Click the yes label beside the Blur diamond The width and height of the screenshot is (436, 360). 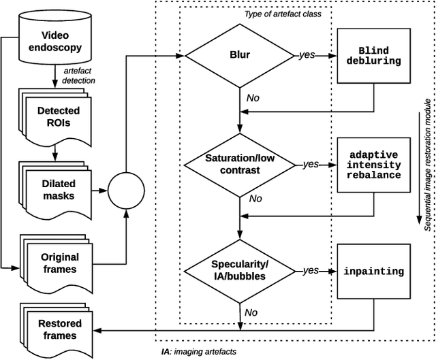(x=307, y=54)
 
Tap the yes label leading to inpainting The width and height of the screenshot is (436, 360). (x=311, y=270)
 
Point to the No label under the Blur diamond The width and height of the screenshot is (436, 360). (x=253, y=98)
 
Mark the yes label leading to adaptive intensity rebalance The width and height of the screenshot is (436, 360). (x=311, y=164)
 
